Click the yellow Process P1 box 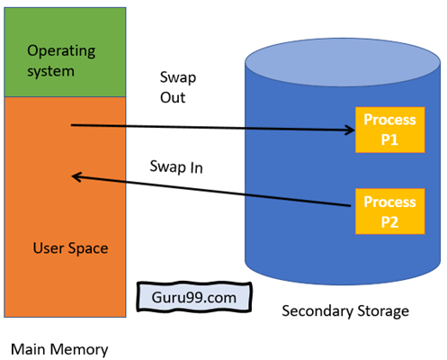click(389, 130)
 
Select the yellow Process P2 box click(389, 211)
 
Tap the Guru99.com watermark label click(194, 297)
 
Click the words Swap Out click(178, 87)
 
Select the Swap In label click(176, 167)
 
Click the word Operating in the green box click(61, 51)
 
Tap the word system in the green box click(50, 71)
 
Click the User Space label click(70, 248)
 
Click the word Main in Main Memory click(28, 349)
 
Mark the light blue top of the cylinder click(343, 63)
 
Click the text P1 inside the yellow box click(389, 139)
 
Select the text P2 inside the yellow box click(389, 222)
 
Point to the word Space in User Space click(88, 249)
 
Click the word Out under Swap click(173, 98)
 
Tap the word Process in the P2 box click(389, 202)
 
